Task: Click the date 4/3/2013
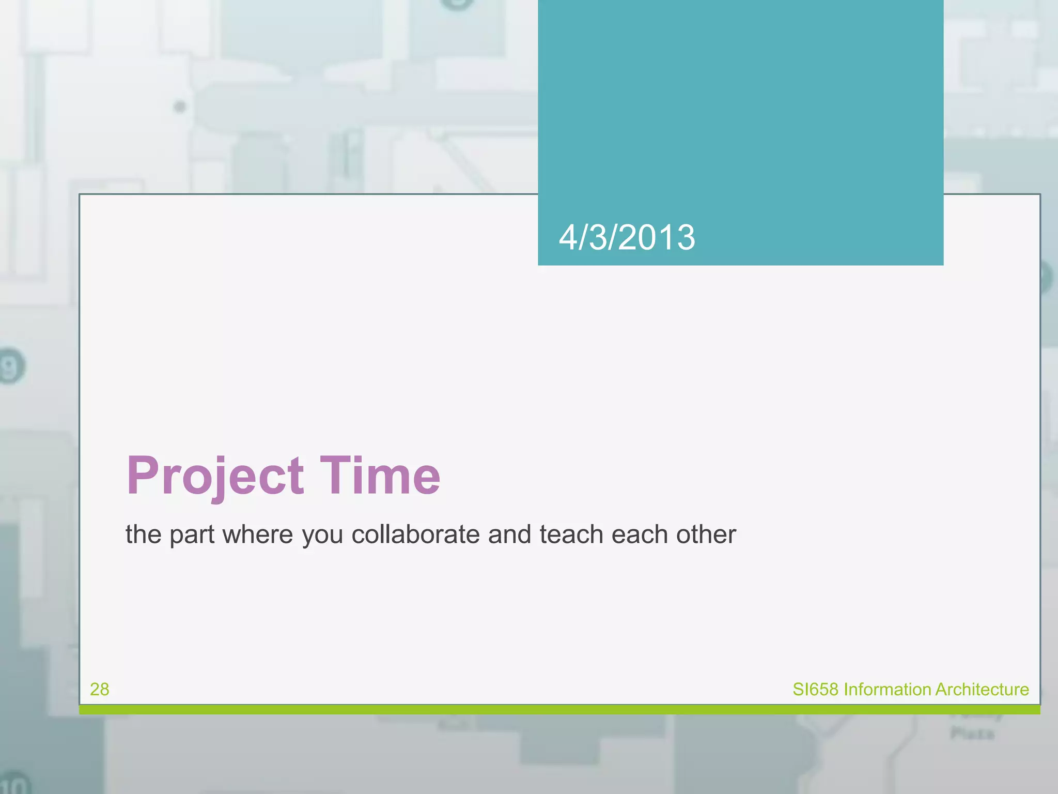pos(627,238)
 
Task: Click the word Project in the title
pos(215,477)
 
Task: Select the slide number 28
pos(99,689)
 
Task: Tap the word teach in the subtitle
pos(571,535)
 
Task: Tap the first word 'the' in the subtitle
pos(143,535)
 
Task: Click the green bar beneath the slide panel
pos(559,710)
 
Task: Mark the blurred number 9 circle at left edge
pos(10,367)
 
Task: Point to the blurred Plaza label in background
pos(972,734)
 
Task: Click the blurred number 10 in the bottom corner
pos(14,784)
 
